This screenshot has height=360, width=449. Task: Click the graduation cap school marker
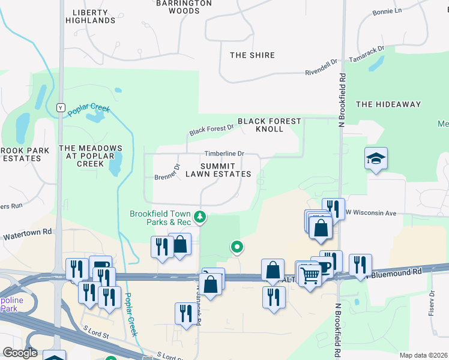pos(376,159)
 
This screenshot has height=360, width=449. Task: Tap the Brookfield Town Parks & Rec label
pos(161,218)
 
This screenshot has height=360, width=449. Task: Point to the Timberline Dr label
pos(224,154)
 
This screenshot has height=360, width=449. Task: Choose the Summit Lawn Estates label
pos(217,170)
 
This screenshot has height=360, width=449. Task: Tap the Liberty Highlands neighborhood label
pos(90,16)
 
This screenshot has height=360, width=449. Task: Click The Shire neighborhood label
pos(252,55)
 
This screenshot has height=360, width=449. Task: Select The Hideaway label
pos(388,104)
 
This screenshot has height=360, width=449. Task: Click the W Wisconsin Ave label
pos(374,213)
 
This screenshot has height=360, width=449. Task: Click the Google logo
pos(20,353)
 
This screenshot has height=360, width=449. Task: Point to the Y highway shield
pos(60,107)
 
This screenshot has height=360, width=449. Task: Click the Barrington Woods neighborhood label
pos(184,7)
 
